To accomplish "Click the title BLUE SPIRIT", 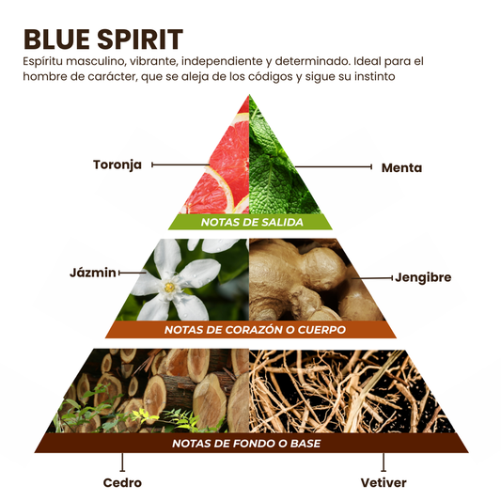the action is click(103, 39).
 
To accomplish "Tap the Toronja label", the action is click(117, 164).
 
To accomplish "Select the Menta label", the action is click(401, 167).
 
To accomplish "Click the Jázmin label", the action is click(93, 273).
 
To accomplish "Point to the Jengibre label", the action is click(423, 277).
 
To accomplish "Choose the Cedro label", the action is click(122, 482).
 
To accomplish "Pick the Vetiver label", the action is click(384, 482).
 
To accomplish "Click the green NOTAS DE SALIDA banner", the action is click(251, 222).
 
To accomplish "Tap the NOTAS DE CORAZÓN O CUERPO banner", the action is click(251, 329).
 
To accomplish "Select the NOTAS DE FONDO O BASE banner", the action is click(251, 443).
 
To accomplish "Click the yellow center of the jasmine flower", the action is click(169, 287).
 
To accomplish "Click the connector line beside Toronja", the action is click(180, 164).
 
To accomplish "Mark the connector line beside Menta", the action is click(333, 166).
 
